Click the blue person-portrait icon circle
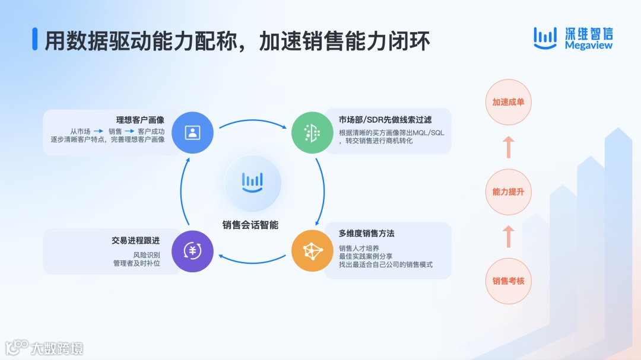pyautogui.click(x=192, y=132)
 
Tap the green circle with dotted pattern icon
pyautogui.click(x=312, y=132)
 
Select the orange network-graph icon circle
pyautogui.click(x=312, y=251)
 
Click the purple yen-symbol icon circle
pyautogui.click(x=192, y=251)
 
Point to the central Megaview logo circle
pyautogui.click(x=252, y=180)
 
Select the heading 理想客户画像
pyautogui.click(x=140, y=120)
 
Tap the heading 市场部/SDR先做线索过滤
pyautogui.click(x=383, y=120)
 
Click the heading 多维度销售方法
pyautogui.click(x=366, y=234)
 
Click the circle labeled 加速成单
pyautogui.click(x=508, y=102)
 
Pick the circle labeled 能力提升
pyautogui.click(x=508, y=192)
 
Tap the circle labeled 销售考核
pyautogui.click(x=508, y=281)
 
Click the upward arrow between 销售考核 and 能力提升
pyautogui.click(x=508, y=237)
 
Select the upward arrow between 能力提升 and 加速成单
pyautogui.click(x=508, y=147)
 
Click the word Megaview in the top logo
pyautogui.click(x=588, y=46)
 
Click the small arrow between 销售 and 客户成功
pyautogui.click(x=129, y=131)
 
